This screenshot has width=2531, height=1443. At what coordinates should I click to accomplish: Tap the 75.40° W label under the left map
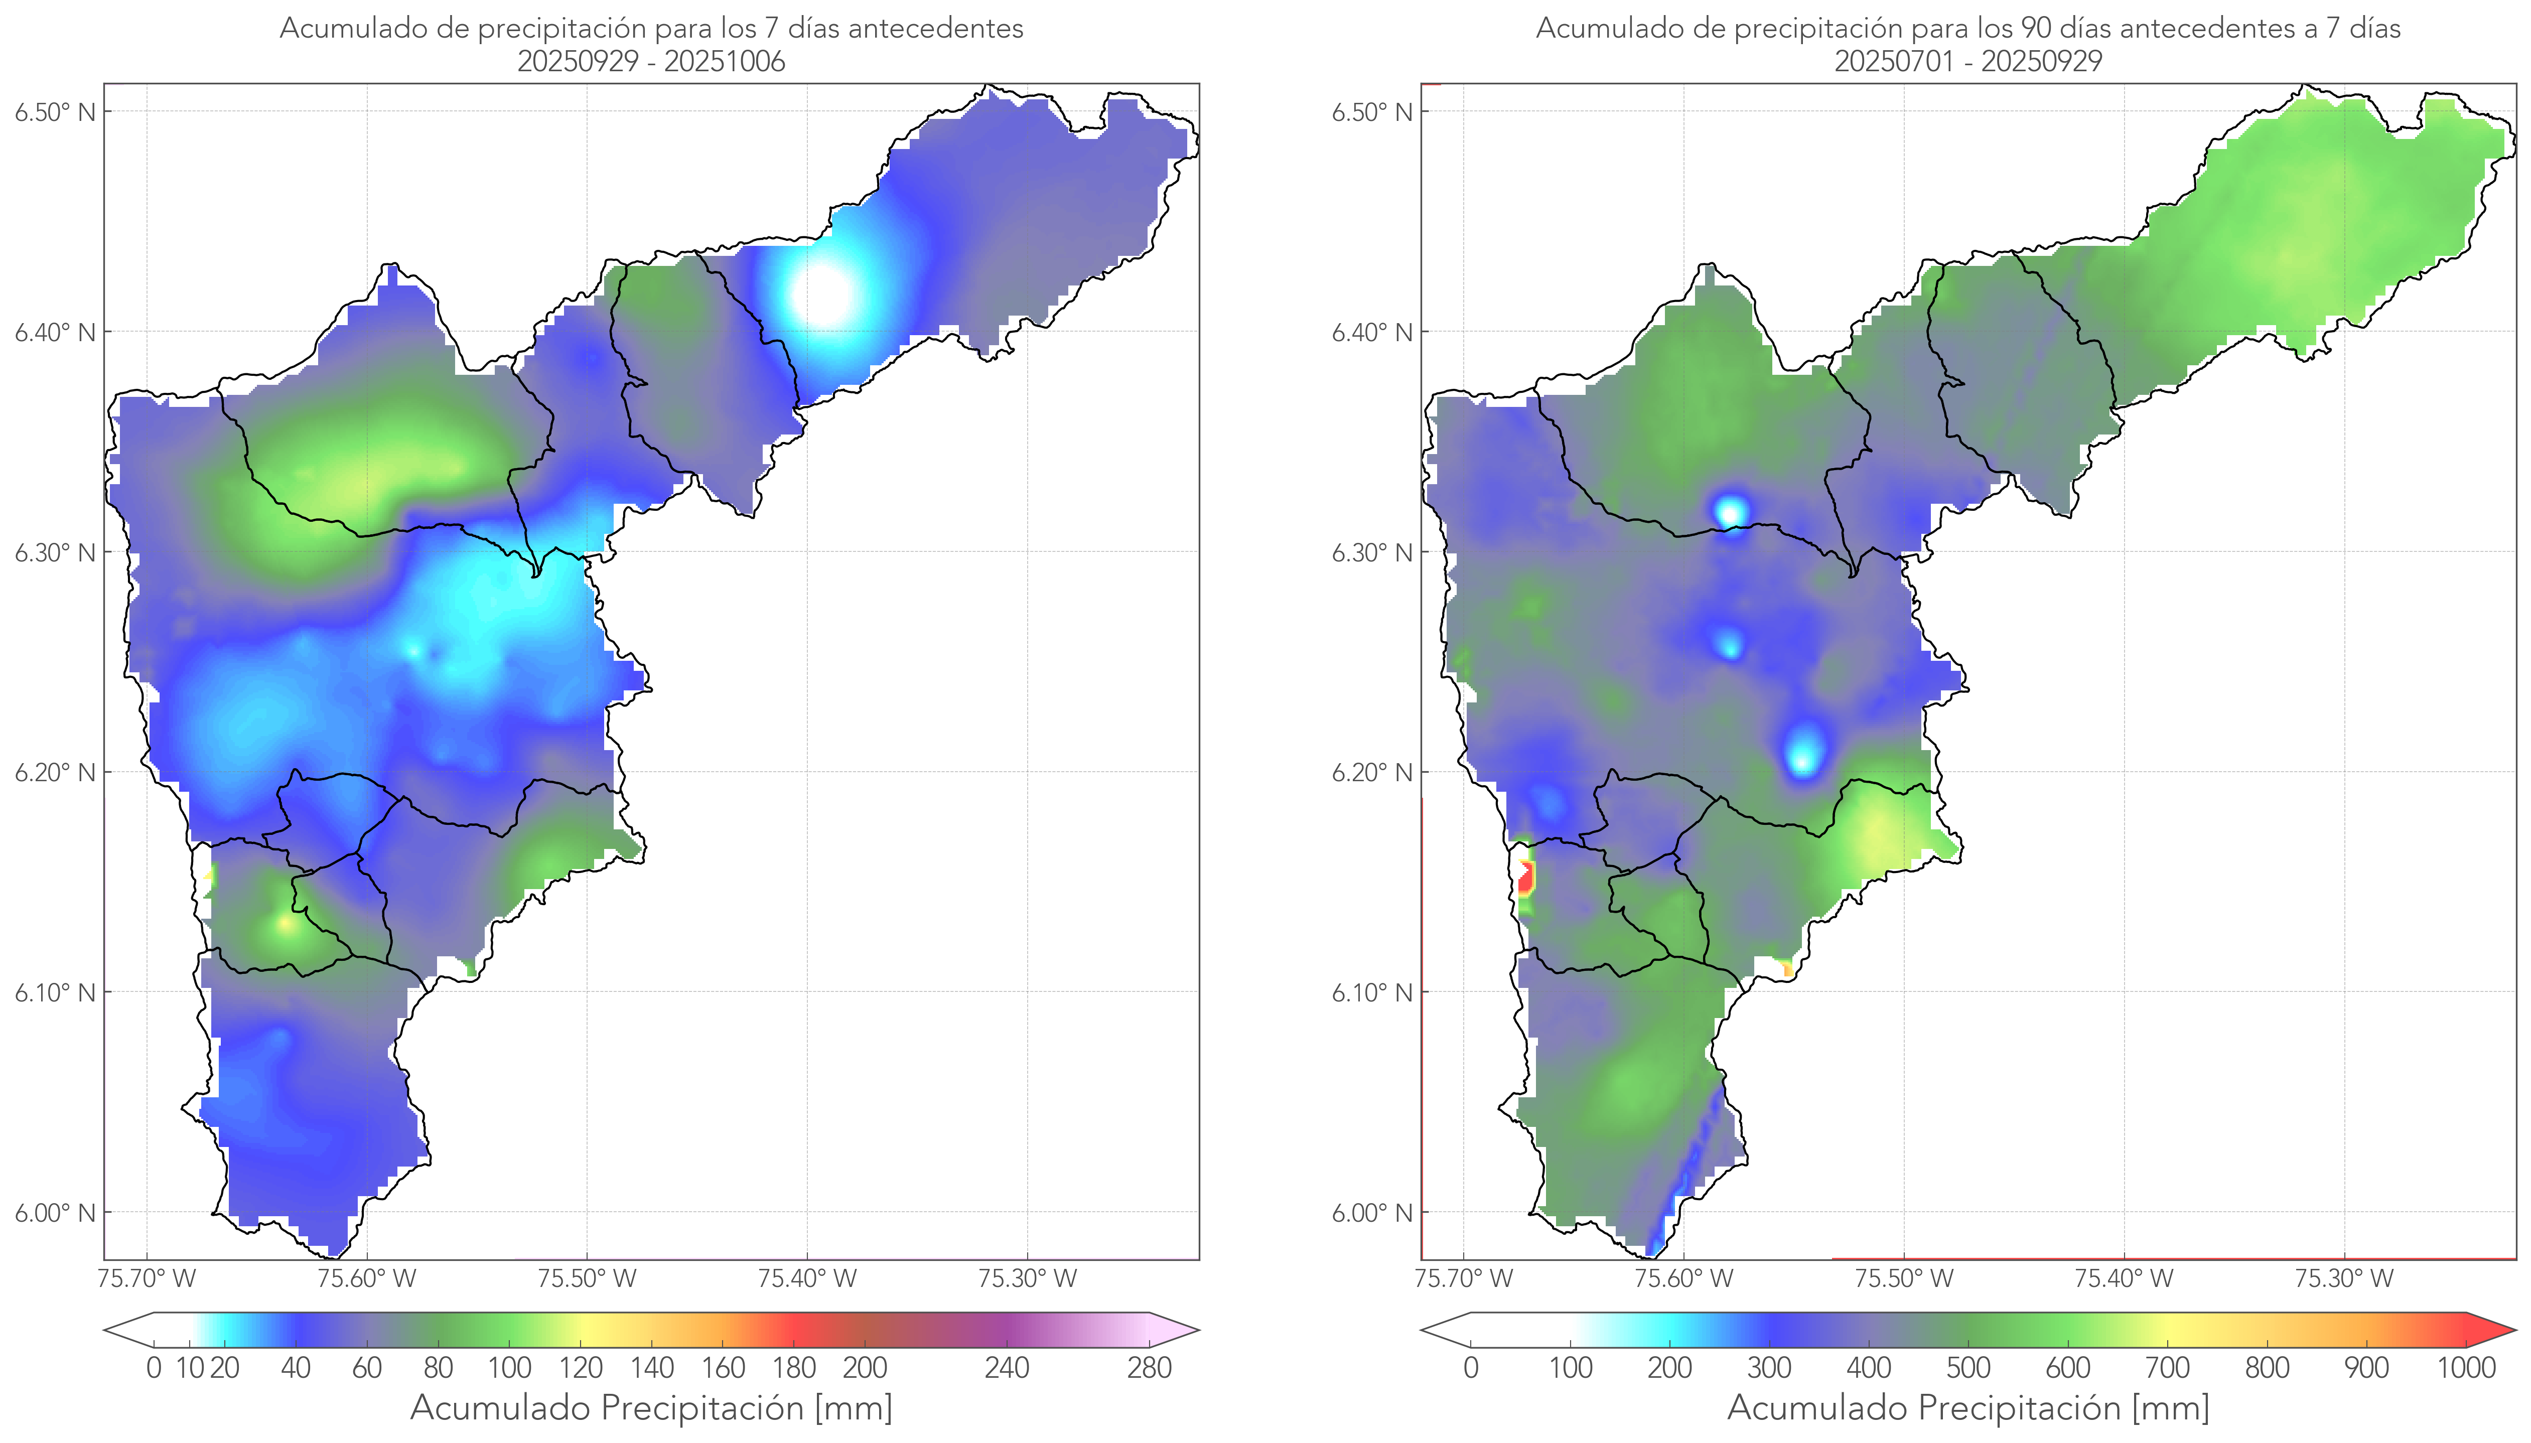pos(807,1278)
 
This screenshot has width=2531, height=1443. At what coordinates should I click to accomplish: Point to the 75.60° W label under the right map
pos(1683,1278)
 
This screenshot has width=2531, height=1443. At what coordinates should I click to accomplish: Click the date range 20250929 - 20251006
pos(651,61)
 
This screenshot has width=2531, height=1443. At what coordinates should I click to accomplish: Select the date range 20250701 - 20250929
pos(1968,61)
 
